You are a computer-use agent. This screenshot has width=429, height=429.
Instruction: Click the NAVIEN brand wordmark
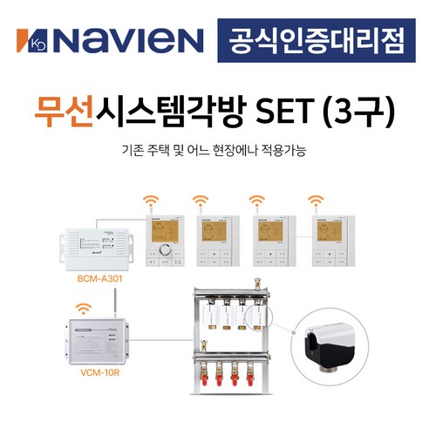coord(127,39)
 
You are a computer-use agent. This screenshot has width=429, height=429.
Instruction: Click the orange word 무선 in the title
coord(63,111)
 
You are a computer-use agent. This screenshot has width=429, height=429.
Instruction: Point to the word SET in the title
coord(281,111)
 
